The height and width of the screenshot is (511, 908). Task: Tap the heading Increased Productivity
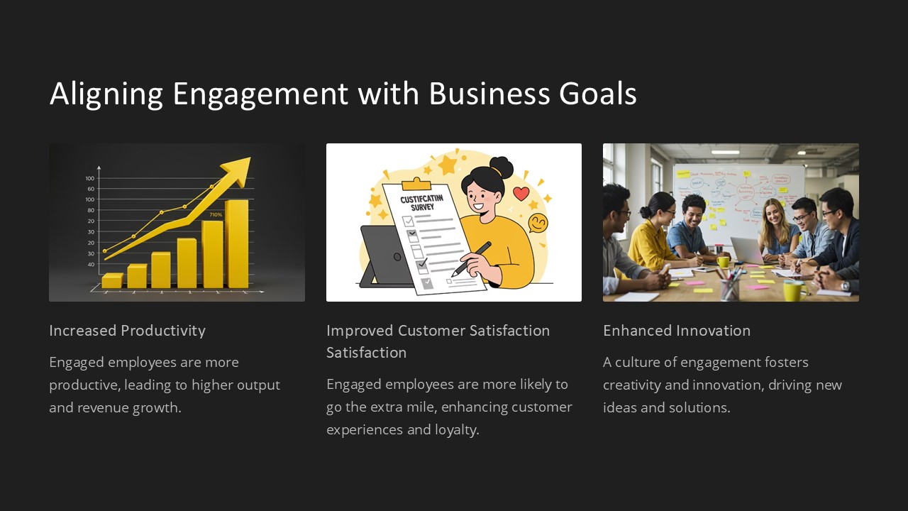point(127,331)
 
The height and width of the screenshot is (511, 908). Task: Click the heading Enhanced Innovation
point(676,331)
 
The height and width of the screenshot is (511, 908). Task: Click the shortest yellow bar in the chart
point(112,280)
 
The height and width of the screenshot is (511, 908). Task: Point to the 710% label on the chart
point(216,214)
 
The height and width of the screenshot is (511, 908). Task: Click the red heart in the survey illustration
point(521,194)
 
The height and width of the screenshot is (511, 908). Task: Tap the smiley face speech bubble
point(538,223)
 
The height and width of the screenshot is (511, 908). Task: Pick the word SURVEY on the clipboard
point(422,207)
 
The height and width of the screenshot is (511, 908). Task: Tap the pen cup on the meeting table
point(729,287)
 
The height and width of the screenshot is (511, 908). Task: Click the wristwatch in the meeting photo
point(844,286)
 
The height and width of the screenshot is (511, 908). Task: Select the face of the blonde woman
point(773,213)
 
